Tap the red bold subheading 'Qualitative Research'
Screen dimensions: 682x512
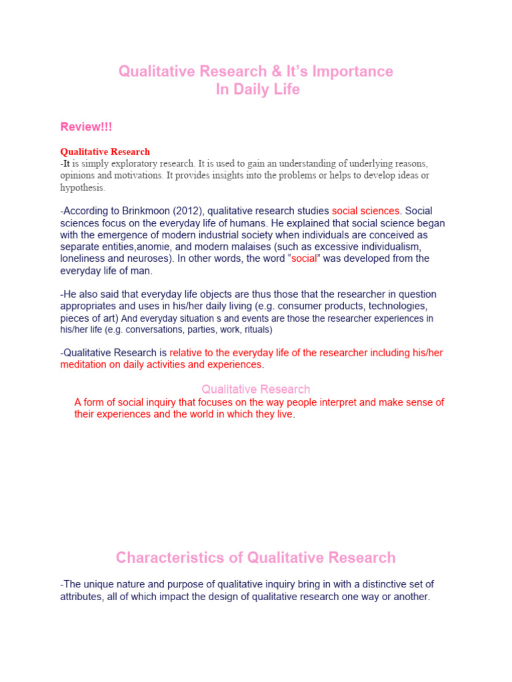pyautogui.click(x=105, y=152)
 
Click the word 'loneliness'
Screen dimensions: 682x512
pyautogui.click(x=83, y=259)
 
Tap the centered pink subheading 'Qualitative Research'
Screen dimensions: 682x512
pyautogui.click(x=255, y=389)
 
